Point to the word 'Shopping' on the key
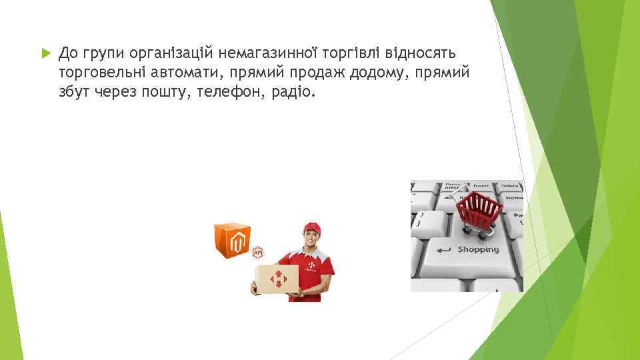[478, 249]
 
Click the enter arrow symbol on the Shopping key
[443, 250]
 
